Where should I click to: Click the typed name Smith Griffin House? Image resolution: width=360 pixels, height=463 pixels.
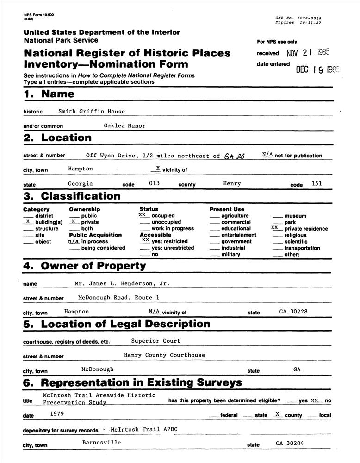(92, 111)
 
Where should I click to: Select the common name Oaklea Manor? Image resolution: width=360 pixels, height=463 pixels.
(125, 125)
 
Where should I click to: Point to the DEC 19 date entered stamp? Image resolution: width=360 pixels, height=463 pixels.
(318, 70)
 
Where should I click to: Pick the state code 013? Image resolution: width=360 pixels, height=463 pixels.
(154, 183)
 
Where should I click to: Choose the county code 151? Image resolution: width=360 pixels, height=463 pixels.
(317, 183)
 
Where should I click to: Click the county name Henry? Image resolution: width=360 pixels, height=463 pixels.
(232, 183)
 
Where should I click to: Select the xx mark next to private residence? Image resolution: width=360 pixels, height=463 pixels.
(275, 228)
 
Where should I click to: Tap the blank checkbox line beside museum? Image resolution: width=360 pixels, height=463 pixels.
(277, 216)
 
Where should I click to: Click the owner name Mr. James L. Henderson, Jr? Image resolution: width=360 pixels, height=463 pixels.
(122, 283)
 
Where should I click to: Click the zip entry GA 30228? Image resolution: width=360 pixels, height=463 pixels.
(293, 312)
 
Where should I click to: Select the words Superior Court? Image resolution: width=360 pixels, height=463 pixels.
(155, 341)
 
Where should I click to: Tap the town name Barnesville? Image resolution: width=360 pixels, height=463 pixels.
(102, 442)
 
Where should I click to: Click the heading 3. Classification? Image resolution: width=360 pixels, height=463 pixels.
(72, 196)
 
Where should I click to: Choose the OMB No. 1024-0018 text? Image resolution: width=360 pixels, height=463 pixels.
(298, 18)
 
